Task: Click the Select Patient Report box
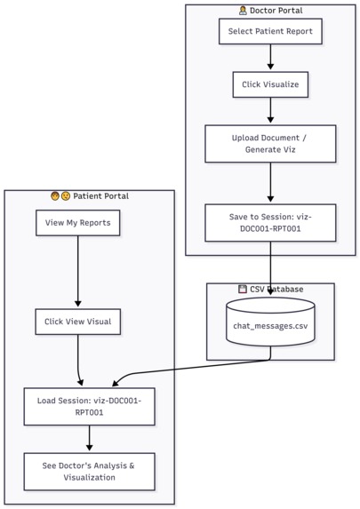point(270,32)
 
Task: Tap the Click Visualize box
point(270,85)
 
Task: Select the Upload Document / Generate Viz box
point(270,143)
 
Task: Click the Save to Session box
point(270,222)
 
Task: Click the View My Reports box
point(78,223)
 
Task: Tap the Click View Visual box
point(78,322)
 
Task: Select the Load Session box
point(89,406)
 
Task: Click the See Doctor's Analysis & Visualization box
point(89,471)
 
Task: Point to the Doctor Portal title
point(276,11)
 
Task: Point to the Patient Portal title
point(100,196)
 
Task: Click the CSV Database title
point(276,290)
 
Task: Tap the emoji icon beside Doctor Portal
point(244,11)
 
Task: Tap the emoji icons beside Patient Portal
point(60,196)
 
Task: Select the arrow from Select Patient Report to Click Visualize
point(270,58)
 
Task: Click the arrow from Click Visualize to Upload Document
point(270,111)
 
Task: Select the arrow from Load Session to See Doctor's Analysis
point(89,438)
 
